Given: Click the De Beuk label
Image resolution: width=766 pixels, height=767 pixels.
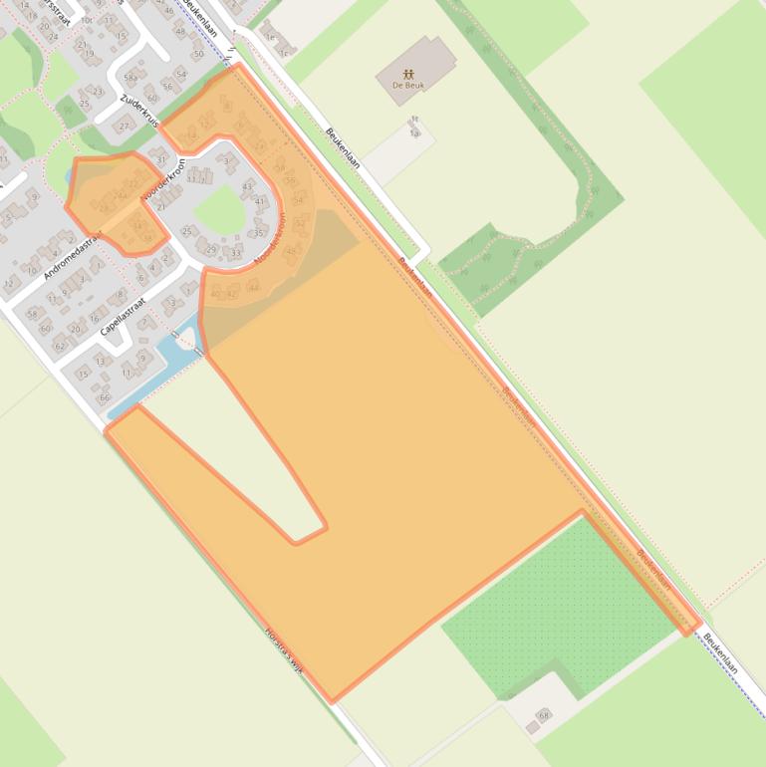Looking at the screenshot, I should [x=409, y=86].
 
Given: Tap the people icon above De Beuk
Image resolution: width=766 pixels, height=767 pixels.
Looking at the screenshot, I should [x=409, y=74].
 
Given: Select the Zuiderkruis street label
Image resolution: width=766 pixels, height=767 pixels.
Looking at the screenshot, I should [x=139, y=112].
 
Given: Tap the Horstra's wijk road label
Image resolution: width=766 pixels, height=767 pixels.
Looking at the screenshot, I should [x=283, y=648].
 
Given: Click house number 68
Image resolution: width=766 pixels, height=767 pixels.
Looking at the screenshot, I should [x=543, y=715].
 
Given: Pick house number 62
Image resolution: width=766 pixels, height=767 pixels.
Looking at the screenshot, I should [x=60, y=346].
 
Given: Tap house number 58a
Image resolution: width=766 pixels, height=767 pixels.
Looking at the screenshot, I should [x=130, y=77].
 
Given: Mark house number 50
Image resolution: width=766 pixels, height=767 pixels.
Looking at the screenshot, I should [x=198, y=54].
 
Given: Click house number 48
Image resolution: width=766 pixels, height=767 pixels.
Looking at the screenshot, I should [x=180, y=31].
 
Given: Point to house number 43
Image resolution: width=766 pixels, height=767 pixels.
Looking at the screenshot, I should [x=248, y=186].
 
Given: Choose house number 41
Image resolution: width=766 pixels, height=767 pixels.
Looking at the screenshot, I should [x=260, y=201].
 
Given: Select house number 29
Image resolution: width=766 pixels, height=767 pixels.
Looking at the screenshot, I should [x=211, y=250].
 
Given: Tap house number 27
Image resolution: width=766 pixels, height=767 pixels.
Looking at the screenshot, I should [x=125, y=127].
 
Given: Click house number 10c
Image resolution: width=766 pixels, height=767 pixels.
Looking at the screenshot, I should [x=87, y=19].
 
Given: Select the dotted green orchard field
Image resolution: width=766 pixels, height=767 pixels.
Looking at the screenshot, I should [x=558, y=608].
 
